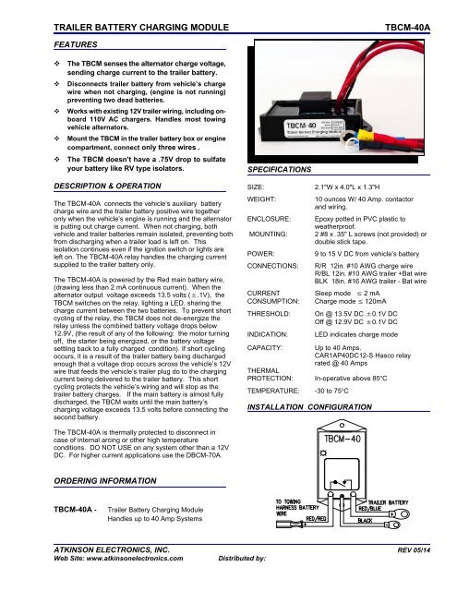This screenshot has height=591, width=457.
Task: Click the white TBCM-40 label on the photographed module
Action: tap(301, 122)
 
